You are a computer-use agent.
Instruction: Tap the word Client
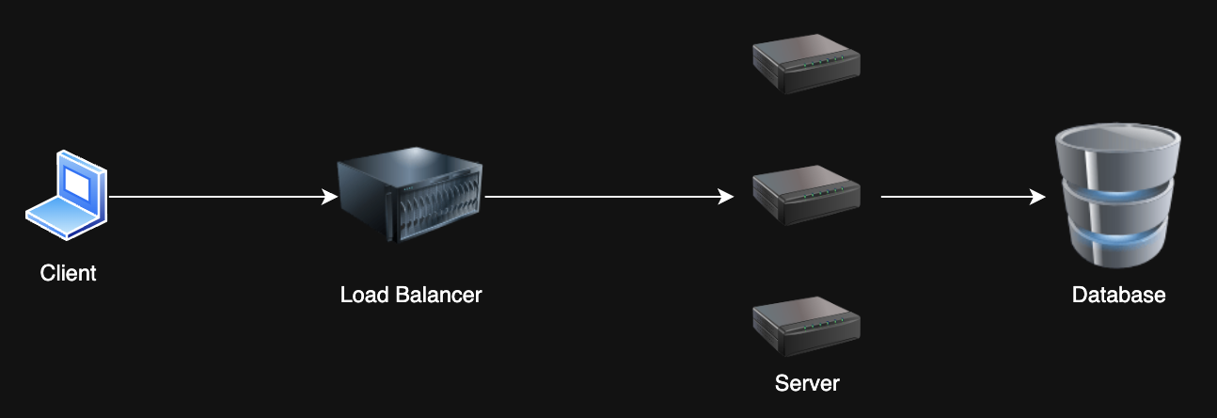point(68,274)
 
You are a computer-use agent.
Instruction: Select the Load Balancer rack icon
point(410,199)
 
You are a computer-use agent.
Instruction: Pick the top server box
point(807,66)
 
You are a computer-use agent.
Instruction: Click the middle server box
point(807,196)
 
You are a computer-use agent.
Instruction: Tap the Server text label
point(807,383)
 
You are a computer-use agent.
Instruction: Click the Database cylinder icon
point(1116,198)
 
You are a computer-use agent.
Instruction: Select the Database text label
point(1118,295)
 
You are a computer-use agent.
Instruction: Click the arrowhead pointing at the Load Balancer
point(330,197)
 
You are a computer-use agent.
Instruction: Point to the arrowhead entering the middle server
point(726,197)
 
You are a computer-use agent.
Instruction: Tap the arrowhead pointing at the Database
point(1038,197)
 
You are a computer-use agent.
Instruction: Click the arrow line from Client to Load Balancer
point(216,197)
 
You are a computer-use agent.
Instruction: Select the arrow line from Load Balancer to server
point(602,197)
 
